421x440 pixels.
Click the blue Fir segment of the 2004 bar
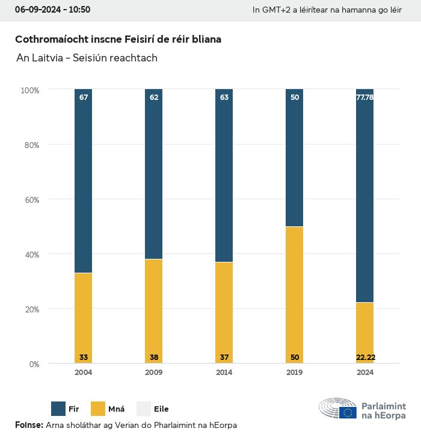84,181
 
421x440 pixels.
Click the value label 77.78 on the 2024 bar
365,97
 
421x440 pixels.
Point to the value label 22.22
365,358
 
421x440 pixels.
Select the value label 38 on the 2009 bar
154,358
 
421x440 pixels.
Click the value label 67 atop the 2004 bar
84,97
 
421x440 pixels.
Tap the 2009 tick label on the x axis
154,373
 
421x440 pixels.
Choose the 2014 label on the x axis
224,373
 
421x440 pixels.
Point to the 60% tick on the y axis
31,200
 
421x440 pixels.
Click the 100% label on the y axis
29,90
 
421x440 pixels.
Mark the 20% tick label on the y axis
31,309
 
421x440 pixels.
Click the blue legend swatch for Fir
58,409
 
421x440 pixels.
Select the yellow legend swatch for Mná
98,409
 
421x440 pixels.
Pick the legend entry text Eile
161,409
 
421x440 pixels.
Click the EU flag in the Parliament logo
348,412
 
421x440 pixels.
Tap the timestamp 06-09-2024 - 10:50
52,10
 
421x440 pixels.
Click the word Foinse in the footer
28,425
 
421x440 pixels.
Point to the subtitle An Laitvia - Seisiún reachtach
87,58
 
